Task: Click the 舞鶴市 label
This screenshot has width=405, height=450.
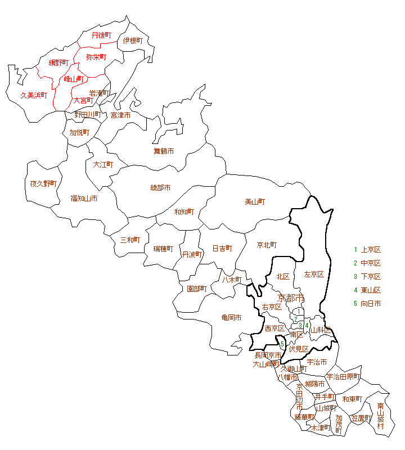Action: pos(164,151)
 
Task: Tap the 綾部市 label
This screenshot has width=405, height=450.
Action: pos(160,187)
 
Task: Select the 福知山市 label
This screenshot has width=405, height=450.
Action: pos(84,198)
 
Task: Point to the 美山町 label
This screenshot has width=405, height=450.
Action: pos(255,201)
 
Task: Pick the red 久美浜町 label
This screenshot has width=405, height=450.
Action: pos(34,96)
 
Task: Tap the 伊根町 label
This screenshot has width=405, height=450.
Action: pos(133,40)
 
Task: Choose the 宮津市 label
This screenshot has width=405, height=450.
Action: pos(120,115)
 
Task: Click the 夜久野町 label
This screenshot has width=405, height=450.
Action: pos(43,183)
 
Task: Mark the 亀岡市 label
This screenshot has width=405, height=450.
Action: pos(231,318)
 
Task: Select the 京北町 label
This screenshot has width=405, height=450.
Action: pos(267,245)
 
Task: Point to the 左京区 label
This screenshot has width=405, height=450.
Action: pos(314,274)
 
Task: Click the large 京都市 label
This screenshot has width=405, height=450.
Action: pos(291,298)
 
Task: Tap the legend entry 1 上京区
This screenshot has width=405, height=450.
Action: pos(367,250)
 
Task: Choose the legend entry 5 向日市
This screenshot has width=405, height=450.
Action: pos(367,304)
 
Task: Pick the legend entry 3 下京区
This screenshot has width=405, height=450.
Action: pos(367,277)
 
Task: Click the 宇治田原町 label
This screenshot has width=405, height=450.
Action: pos(343,376)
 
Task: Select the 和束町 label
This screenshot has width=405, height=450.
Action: pos(352,399)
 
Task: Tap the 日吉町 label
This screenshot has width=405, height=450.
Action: pos(222,248)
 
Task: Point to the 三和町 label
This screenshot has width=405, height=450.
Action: pos(130,240)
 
